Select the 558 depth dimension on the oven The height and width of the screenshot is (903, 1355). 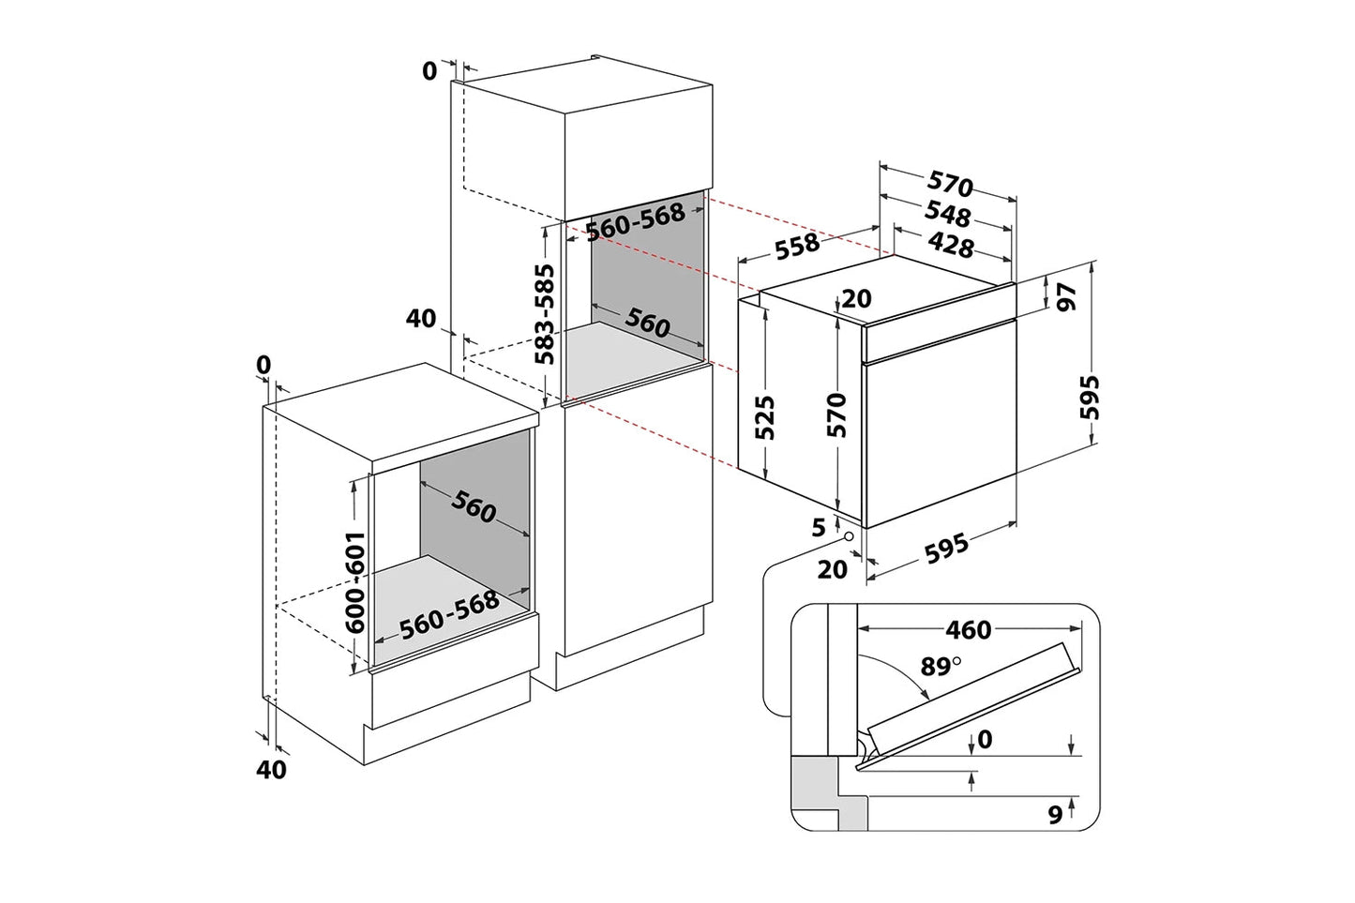(x=796, y=247)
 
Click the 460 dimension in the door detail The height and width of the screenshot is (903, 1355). (x=968, y=629)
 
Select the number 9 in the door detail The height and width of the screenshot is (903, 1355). (x=1055, y=816)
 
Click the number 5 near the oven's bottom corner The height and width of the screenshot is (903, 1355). (x=819, y=527)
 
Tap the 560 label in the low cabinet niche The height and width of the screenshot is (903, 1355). (x=474, y=507)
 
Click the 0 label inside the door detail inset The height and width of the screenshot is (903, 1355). (x=985, y=740)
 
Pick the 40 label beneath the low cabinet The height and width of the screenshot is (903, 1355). (x=271, y=770)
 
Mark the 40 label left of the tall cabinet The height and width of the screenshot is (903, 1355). (x=422, y=319)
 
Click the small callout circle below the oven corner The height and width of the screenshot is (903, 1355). (x=850, y=536)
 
